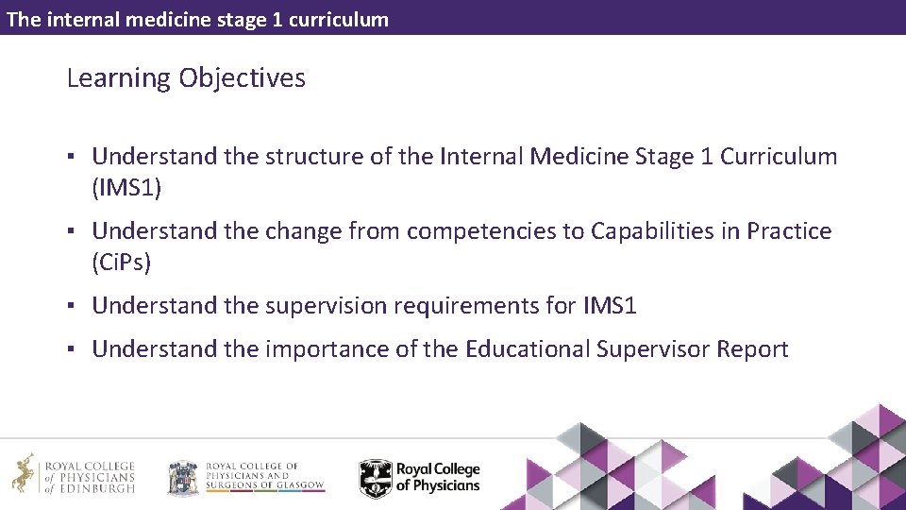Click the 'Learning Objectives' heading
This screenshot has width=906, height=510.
(186, 78)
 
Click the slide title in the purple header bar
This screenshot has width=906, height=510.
(197, 19)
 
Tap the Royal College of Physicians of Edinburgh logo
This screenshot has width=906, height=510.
(73, 474)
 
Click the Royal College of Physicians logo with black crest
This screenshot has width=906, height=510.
(420, 478)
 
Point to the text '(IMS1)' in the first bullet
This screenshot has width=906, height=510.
(126, 188)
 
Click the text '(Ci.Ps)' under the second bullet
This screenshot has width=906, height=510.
(122, 263)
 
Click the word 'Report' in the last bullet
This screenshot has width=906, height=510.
(752, 349)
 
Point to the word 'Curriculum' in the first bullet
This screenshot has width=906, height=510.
(779, 157)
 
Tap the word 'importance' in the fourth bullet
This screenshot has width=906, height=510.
(327, 349)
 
